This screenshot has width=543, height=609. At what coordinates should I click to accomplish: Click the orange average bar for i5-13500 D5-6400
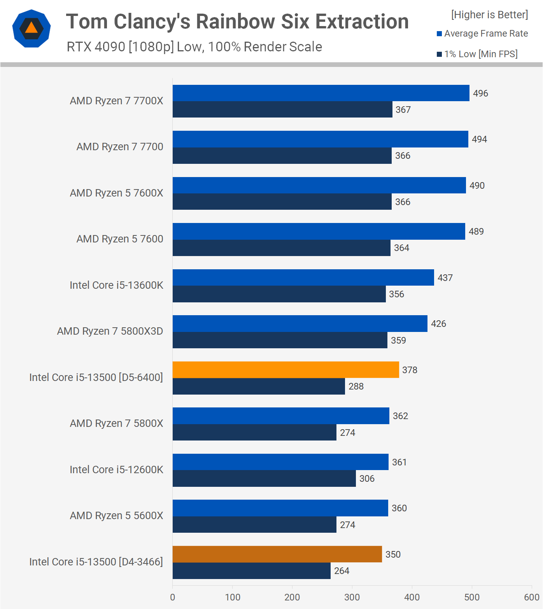click(x=286, y=370)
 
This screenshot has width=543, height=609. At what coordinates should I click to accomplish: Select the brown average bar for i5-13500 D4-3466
click(x=277, y=554)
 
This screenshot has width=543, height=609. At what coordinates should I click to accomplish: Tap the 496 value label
click(x=480, y=93)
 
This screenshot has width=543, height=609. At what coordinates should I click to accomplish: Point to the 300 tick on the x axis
click(x=352, y=597)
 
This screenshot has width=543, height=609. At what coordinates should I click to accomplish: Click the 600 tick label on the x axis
click(x=531, y=597)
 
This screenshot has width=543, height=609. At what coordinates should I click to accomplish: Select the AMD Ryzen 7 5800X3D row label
click(x=110, y=331)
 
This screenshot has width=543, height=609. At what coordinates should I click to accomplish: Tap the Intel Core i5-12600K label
click(x=116, y=470)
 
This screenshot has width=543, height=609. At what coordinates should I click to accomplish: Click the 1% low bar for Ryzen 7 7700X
click(x=282, y=110)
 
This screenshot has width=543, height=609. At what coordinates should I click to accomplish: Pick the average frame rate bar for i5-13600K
click(x=303, y=277)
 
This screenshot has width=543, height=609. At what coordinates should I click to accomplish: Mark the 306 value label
click(x=367, y=479)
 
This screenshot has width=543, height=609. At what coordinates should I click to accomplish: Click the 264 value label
click(x=342, y=571)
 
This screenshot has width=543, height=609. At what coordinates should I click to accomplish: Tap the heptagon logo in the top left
click(x=32, y=28)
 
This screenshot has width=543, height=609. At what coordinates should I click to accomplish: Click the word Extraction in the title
click(x=362, y=22)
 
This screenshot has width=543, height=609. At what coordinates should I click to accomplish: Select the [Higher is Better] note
click(x=489, y=15)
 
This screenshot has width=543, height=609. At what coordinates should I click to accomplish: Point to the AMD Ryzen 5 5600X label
click(x=116, y=516)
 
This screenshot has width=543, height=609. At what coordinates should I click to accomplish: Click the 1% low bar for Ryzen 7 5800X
click(x=254, y=433)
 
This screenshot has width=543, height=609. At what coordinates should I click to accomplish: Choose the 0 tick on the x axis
click(x=173, y=597)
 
